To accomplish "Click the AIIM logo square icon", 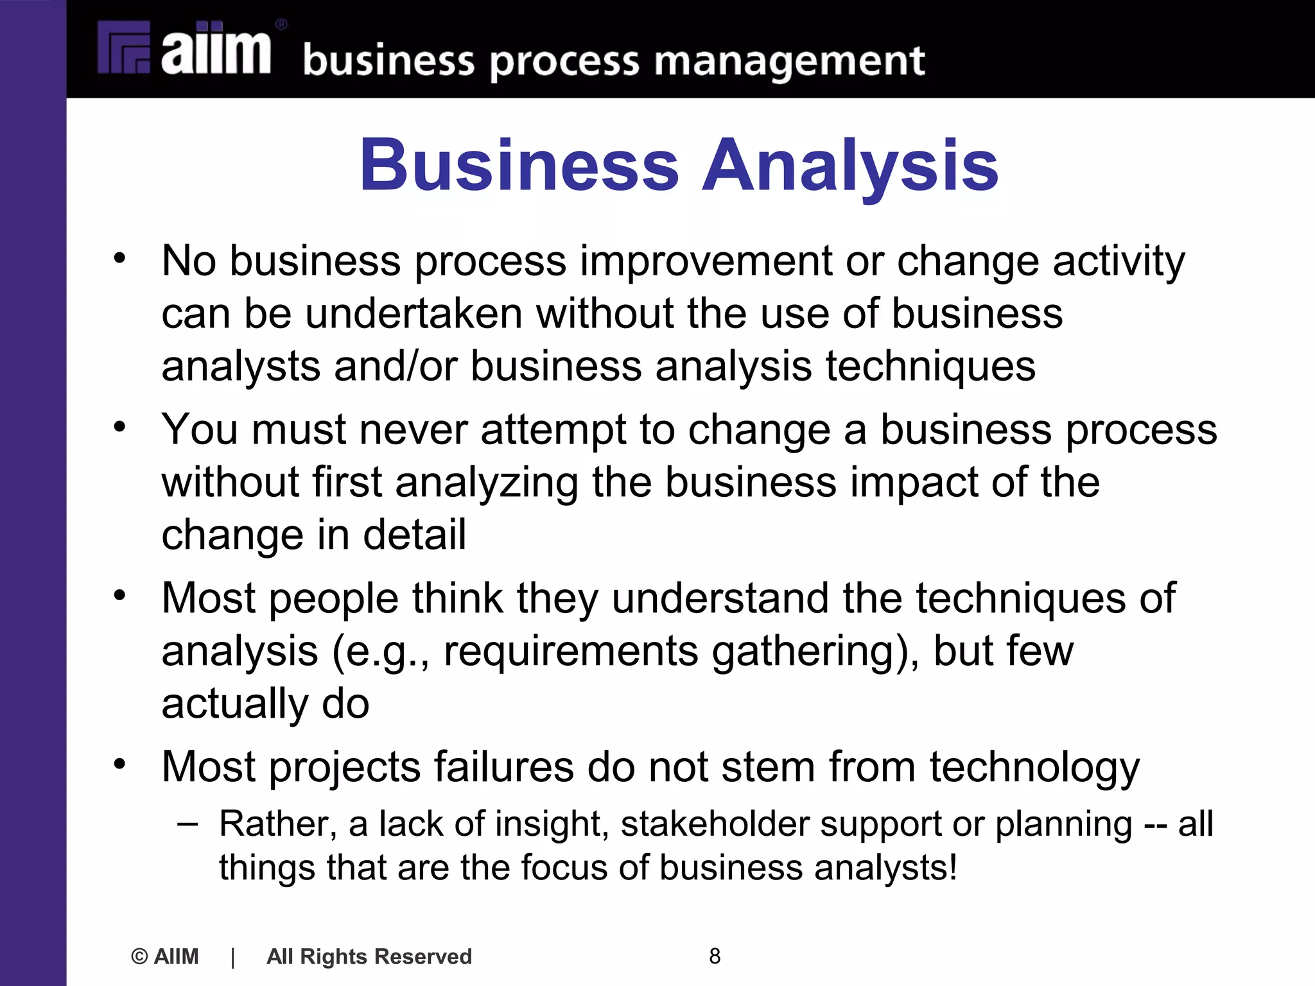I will [124, 48].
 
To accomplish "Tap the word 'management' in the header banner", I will [789, 62].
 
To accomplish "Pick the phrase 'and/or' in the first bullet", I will [396, 367].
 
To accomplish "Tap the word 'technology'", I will [1034, 768].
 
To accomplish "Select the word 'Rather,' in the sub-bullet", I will [277, 824].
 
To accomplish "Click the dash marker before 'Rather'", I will [187, 822].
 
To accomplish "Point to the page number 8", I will [715, 956].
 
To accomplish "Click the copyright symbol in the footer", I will [139, 956].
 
